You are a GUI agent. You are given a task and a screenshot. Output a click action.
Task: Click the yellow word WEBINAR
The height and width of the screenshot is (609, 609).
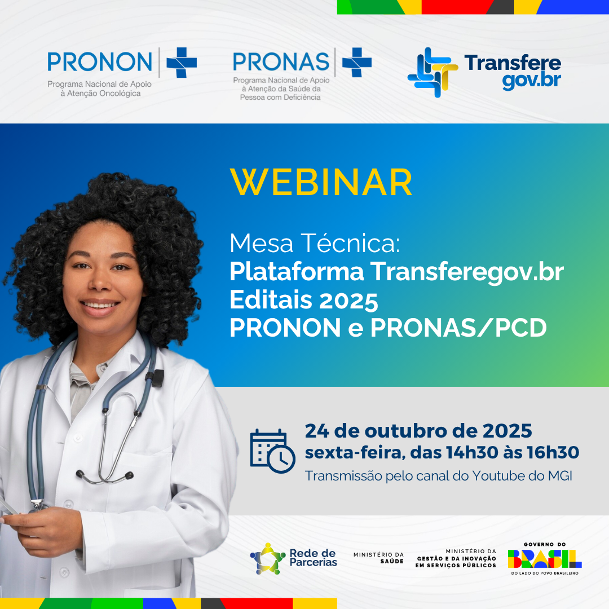click(321, 182)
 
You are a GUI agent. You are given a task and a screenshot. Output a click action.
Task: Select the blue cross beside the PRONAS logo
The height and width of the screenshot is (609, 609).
click(357, 62)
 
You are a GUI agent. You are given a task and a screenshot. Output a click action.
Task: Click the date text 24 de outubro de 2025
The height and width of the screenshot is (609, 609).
click(418, 431)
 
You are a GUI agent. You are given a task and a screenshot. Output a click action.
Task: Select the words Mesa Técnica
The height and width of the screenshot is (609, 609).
click(314, 244)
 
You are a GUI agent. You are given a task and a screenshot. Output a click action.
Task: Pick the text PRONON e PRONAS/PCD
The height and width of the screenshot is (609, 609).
click(388, 329)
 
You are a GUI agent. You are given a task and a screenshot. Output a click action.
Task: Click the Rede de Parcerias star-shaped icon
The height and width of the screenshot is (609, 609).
click(268, 558)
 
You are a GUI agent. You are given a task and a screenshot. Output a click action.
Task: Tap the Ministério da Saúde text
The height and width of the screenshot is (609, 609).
click(379, 558)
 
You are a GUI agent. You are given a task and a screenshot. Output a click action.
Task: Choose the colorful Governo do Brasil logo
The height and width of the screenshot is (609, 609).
click(544, 558)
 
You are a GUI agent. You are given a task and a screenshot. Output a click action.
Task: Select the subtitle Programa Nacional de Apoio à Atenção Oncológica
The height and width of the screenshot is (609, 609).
click(100, 89)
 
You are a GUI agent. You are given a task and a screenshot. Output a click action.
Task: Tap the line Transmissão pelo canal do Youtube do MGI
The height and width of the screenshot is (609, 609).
click(439, 476)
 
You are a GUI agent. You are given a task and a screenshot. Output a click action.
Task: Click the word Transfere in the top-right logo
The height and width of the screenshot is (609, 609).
click(513, 63)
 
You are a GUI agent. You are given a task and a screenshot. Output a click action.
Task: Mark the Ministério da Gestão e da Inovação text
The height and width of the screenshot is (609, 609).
click(456, 558)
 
